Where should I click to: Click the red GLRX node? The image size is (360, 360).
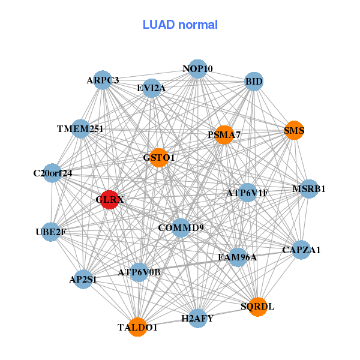coord(109,200)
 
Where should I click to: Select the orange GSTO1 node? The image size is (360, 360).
coord(158,158)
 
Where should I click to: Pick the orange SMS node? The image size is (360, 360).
coord(294,130)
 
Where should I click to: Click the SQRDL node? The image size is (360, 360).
coord(257,307)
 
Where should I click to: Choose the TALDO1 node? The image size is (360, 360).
coord(137,327)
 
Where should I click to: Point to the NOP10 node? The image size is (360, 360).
coord(197,69)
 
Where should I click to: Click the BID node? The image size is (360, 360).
coord(254,81)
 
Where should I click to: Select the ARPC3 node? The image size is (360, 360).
coord(103,80)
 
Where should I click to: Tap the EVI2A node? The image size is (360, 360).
coord(151,88)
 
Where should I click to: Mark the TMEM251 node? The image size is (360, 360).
coord(80,129)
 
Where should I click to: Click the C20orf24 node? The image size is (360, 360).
coord(53,173)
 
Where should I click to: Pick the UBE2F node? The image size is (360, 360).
coord(50,232)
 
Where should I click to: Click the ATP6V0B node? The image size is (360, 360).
coord(139,272)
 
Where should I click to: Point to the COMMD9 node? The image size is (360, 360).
coord(181,228)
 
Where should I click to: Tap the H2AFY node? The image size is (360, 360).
coord(197,318)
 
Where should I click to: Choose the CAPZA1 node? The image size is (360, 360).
coord(301,250)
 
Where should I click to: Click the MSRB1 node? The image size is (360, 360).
coord(308,189)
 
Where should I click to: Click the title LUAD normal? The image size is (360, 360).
coord(180,25)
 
